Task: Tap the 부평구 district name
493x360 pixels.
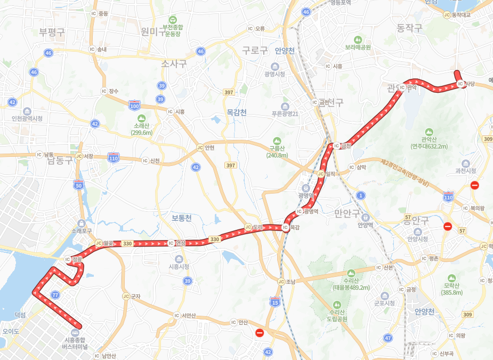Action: coord(52,32)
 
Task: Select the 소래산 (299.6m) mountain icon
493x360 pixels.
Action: coord(141,118)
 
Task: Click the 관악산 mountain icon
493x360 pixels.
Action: coord(429,132)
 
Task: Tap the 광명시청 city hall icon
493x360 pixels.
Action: coord(274,66)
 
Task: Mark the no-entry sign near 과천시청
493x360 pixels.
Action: coord(474,186)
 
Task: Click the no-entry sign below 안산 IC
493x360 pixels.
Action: coord(260,333)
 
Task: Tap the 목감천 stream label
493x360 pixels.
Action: coord(236,113)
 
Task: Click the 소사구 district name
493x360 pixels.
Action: coord(174,63)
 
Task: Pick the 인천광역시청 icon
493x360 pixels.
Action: coord(27,111)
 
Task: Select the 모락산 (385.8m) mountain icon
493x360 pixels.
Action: coord(452,278)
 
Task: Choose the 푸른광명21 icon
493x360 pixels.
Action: coord(285,106)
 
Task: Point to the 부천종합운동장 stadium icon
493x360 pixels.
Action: coord(173,19)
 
